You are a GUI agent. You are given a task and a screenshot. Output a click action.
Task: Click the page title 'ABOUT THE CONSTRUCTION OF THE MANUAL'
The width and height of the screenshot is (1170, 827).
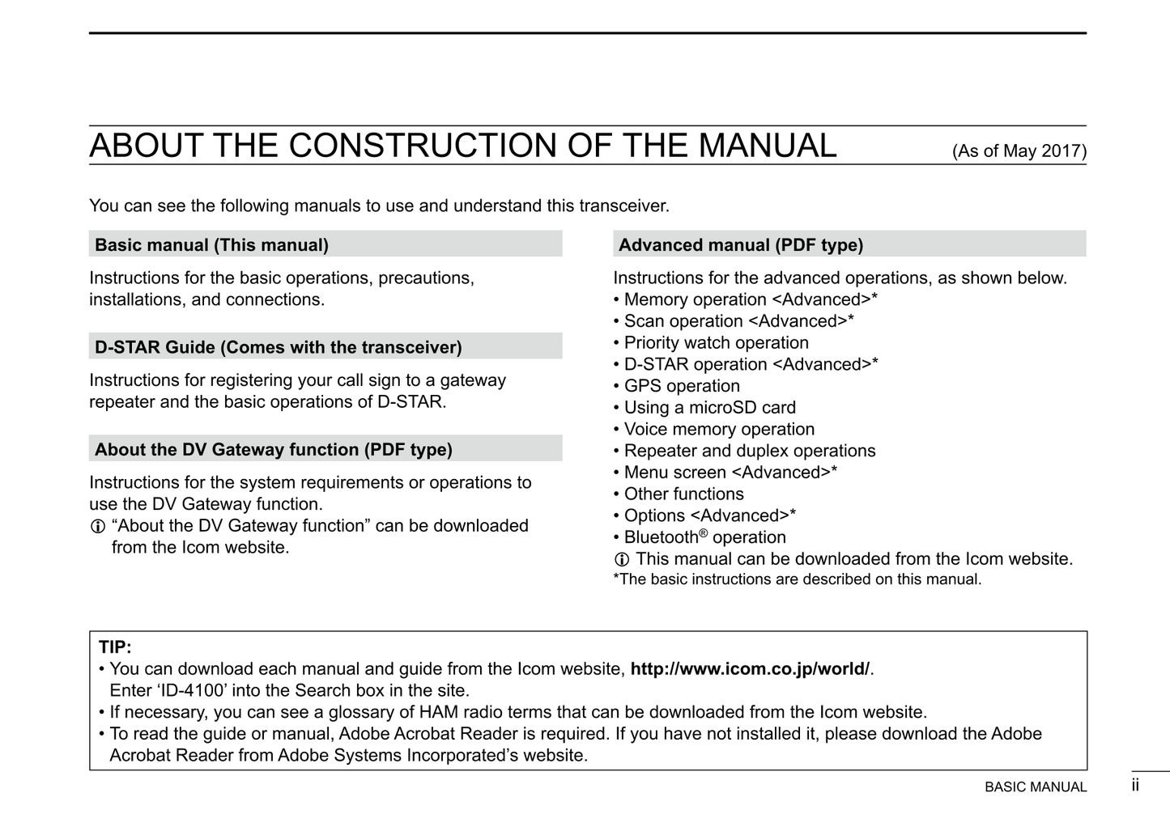tap(462, 146)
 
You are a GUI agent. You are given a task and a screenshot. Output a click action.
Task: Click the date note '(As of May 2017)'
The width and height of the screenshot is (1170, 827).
tap(1019, 151)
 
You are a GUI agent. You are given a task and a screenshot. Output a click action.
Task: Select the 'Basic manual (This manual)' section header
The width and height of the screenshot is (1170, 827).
tap(211, 245)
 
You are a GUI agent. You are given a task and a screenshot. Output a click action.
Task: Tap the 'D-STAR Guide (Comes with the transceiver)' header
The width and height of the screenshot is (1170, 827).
tap(278, 348)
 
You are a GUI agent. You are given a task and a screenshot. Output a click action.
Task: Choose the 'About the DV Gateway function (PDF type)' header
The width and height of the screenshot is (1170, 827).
tap(273, 450)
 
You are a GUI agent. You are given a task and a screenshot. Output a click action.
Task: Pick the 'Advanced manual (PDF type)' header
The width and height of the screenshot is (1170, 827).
tap(740, 245)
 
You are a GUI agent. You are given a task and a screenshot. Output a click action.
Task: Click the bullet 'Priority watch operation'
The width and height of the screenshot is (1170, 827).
tap(716, 343)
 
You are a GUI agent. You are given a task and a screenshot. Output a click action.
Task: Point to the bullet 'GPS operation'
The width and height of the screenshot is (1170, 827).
tap(681, 386)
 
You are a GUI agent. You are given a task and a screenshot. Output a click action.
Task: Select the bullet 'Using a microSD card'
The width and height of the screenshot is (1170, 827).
tap(709, 408)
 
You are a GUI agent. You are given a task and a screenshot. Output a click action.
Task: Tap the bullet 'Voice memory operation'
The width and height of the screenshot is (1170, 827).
tap(719, 430)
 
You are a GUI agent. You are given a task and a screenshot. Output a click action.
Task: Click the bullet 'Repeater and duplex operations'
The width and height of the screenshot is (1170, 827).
tap(749, 451)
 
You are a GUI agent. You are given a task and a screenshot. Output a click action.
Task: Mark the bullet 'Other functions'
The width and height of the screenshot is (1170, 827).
tap(683, 494)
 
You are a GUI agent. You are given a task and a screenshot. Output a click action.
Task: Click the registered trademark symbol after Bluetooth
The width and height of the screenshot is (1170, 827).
tap(704, 532)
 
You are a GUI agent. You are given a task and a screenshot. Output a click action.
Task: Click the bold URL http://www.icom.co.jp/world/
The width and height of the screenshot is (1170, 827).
tap(750, 669)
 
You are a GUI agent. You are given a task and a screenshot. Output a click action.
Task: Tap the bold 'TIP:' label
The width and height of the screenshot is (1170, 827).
tap(115, 647)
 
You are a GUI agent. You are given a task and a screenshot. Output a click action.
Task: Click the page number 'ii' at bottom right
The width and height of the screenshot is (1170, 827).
tap(1135, 785)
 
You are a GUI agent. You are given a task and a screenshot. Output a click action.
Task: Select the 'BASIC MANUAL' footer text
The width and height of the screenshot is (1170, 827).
tap(1036, 787)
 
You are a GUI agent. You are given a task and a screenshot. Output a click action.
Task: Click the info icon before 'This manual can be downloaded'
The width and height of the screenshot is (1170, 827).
tap(622, 560)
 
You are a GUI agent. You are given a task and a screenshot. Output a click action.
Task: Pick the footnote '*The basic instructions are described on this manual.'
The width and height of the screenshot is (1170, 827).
tap(797, 579)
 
